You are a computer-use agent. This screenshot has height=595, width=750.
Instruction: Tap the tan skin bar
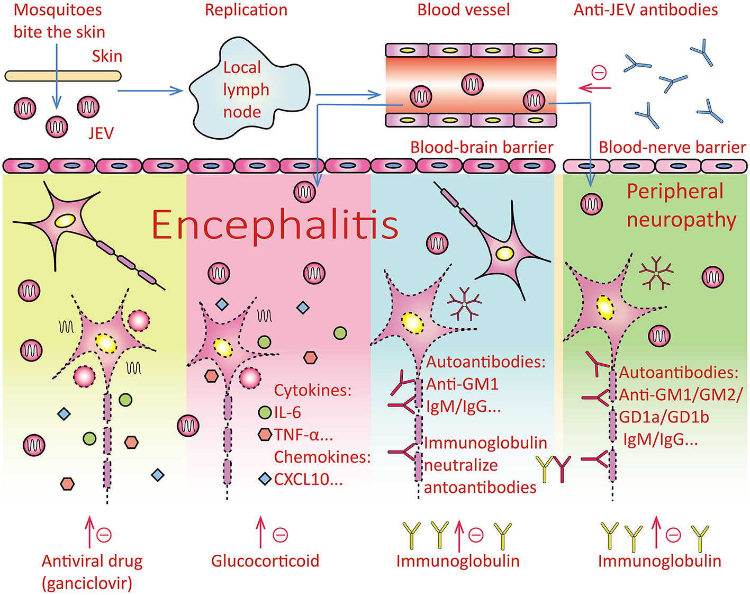[x=63, y=76]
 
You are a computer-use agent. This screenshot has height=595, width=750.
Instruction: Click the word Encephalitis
[x=275, y=225]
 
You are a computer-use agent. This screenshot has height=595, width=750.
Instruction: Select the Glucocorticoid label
[x=265, y=561]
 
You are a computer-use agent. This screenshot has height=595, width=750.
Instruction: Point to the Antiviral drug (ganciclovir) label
[x=92, y=572]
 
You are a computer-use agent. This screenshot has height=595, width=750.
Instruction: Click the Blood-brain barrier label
[x=482, y=147]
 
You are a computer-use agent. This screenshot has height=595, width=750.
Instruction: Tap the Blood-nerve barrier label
[x=672, y=147]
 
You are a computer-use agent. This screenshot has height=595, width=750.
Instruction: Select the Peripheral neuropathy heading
[x=681, y=205]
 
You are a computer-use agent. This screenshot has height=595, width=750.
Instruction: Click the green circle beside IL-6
[x=265, y=412]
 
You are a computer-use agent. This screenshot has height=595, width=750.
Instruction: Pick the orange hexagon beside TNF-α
[x=265, y=435]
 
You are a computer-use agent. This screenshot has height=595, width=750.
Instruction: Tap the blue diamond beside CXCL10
[x=265, y=480]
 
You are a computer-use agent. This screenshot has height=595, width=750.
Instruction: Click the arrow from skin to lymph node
[x=150, y=91]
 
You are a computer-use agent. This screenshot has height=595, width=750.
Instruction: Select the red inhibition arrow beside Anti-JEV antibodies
[x=594, y=88]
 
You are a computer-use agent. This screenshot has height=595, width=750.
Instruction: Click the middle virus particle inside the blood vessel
[x=472, y=84]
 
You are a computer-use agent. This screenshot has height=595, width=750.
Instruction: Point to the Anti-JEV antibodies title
[x=646, y=10]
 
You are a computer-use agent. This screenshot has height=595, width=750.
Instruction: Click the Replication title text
[x=246, y=10]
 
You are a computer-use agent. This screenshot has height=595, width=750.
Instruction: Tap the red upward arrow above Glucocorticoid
[x=260, y=533]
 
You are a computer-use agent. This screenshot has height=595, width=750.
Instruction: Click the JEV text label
[x=101, y=133]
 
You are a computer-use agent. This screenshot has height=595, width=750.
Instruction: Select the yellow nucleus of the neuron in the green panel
[x=604, y=306]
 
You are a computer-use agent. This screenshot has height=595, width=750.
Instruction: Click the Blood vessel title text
[x=464, y=10]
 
